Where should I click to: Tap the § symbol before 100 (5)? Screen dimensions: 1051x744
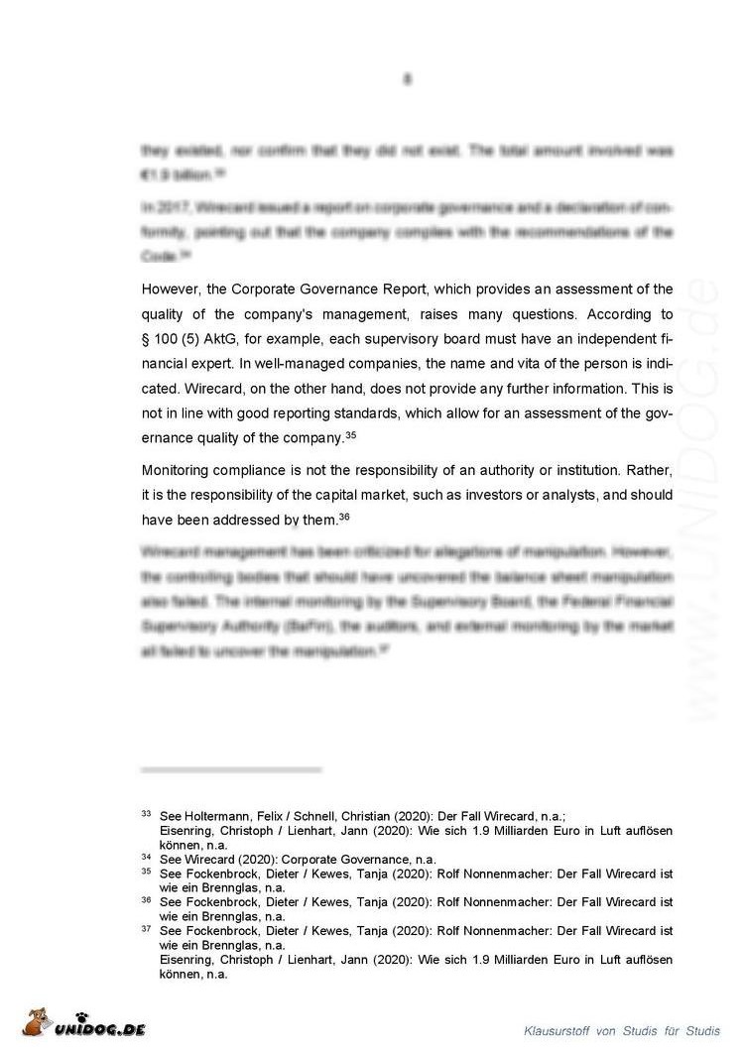coord(146,339)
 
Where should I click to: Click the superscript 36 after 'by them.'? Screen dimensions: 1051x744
coord(344,517)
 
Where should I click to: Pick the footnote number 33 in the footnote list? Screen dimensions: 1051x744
coord(146,814)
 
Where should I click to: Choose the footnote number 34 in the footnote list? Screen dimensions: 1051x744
coord(146,858)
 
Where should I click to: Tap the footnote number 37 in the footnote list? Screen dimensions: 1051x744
coord(146,930)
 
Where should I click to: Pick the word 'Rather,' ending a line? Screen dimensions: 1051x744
coord(650,469)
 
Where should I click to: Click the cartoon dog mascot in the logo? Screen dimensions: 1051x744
coord(39,1022)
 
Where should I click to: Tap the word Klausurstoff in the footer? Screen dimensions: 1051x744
coord(556,1029)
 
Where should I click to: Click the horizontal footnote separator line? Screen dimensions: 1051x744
coord(231,769)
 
